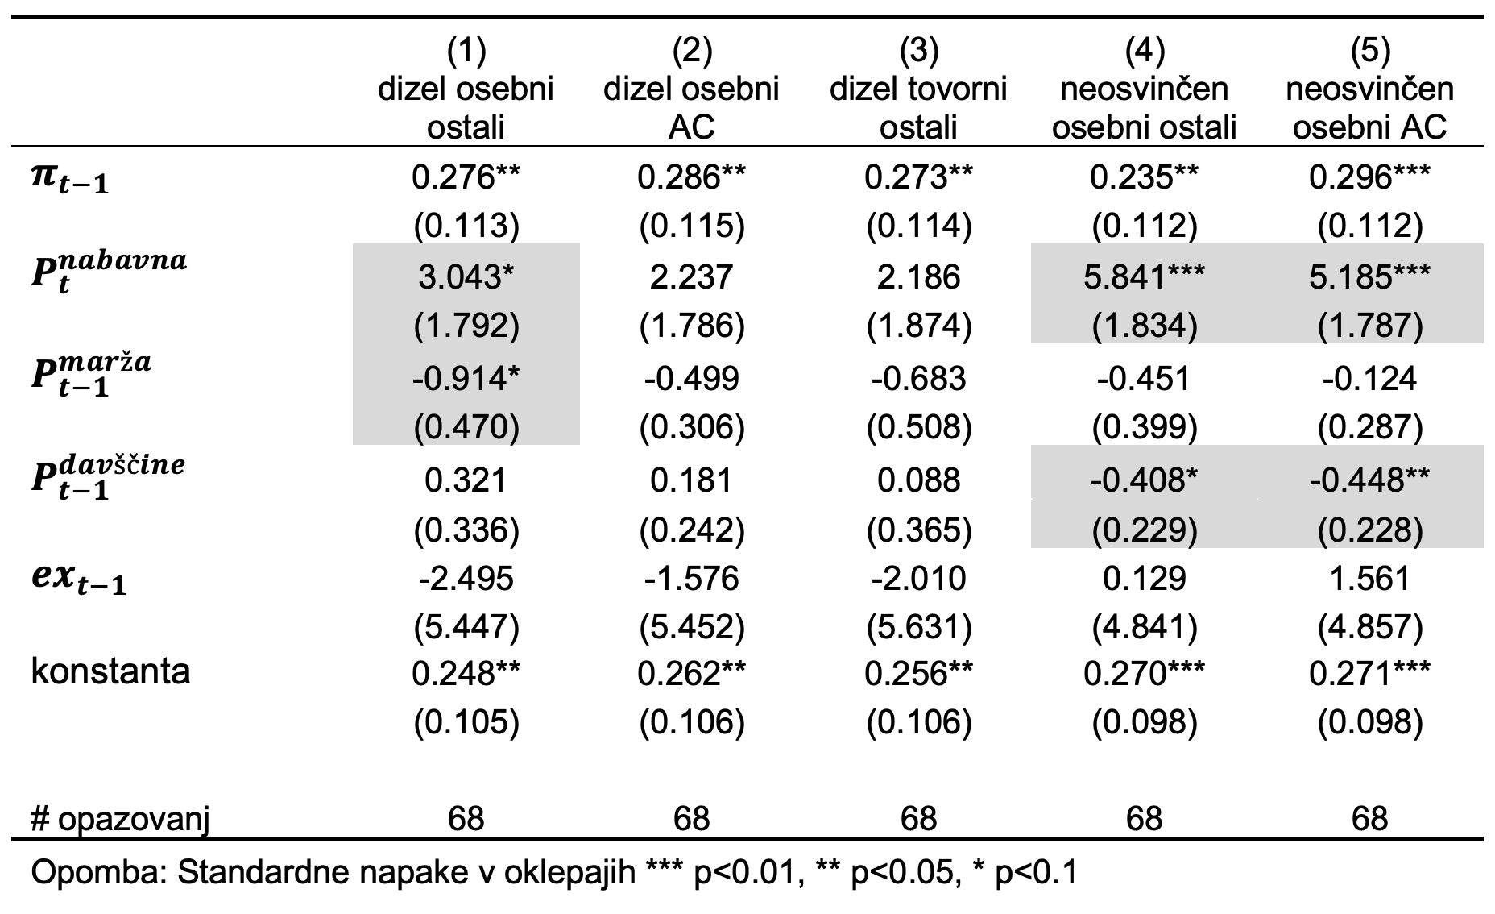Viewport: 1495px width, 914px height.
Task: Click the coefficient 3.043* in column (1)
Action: coord(466,276)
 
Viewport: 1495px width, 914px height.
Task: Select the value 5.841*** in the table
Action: coord(1144,276)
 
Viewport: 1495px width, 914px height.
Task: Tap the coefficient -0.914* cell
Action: coord(466,378)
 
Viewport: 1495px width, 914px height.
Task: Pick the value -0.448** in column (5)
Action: coord(1369,480)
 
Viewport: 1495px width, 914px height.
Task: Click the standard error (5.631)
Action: coord(919,627)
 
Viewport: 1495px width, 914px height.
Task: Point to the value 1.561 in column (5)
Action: coord(1369,579)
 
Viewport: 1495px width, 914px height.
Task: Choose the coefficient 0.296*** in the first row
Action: coord(1369,177)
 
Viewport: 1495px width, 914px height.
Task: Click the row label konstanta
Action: coord(110,671)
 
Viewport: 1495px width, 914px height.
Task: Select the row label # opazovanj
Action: coord(120,820)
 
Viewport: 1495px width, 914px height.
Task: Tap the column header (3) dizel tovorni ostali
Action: coord(919,89)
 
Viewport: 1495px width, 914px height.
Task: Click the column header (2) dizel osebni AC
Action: coord(691,89)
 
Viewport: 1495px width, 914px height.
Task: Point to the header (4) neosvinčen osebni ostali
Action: coord(1144,89)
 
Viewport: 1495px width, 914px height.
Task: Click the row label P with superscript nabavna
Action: coord(109,272)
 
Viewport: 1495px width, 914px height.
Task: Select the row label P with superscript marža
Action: coord(91,374)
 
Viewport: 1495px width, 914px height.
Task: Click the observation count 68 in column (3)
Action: coord(919,819)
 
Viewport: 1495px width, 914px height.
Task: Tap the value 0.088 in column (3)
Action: coord(919,480)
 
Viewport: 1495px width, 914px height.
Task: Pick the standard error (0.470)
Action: coord(466,427)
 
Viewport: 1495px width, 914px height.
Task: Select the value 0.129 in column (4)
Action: coord(1144,579)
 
